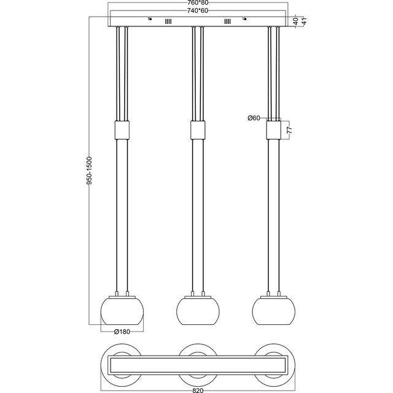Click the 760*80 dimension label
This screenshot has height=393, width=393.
[x=197, y=4]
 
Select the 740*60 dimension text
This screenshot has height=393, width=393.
[x=197, y=11]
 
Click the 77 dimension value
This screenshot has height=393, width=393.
[x=290, y=130]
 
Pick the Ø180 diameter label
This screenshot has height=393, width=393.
[x=121, y=332]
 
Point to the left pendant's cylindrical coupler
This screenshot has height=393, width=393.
[x=121, y=130]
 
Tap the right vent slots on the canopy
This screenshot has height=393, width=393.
[x=227, y=21]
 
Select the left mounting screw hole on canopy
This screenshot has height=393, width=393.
[x=149, y=18]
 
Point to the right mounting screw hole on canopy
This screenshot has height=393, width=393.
[x=245, y=18]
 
